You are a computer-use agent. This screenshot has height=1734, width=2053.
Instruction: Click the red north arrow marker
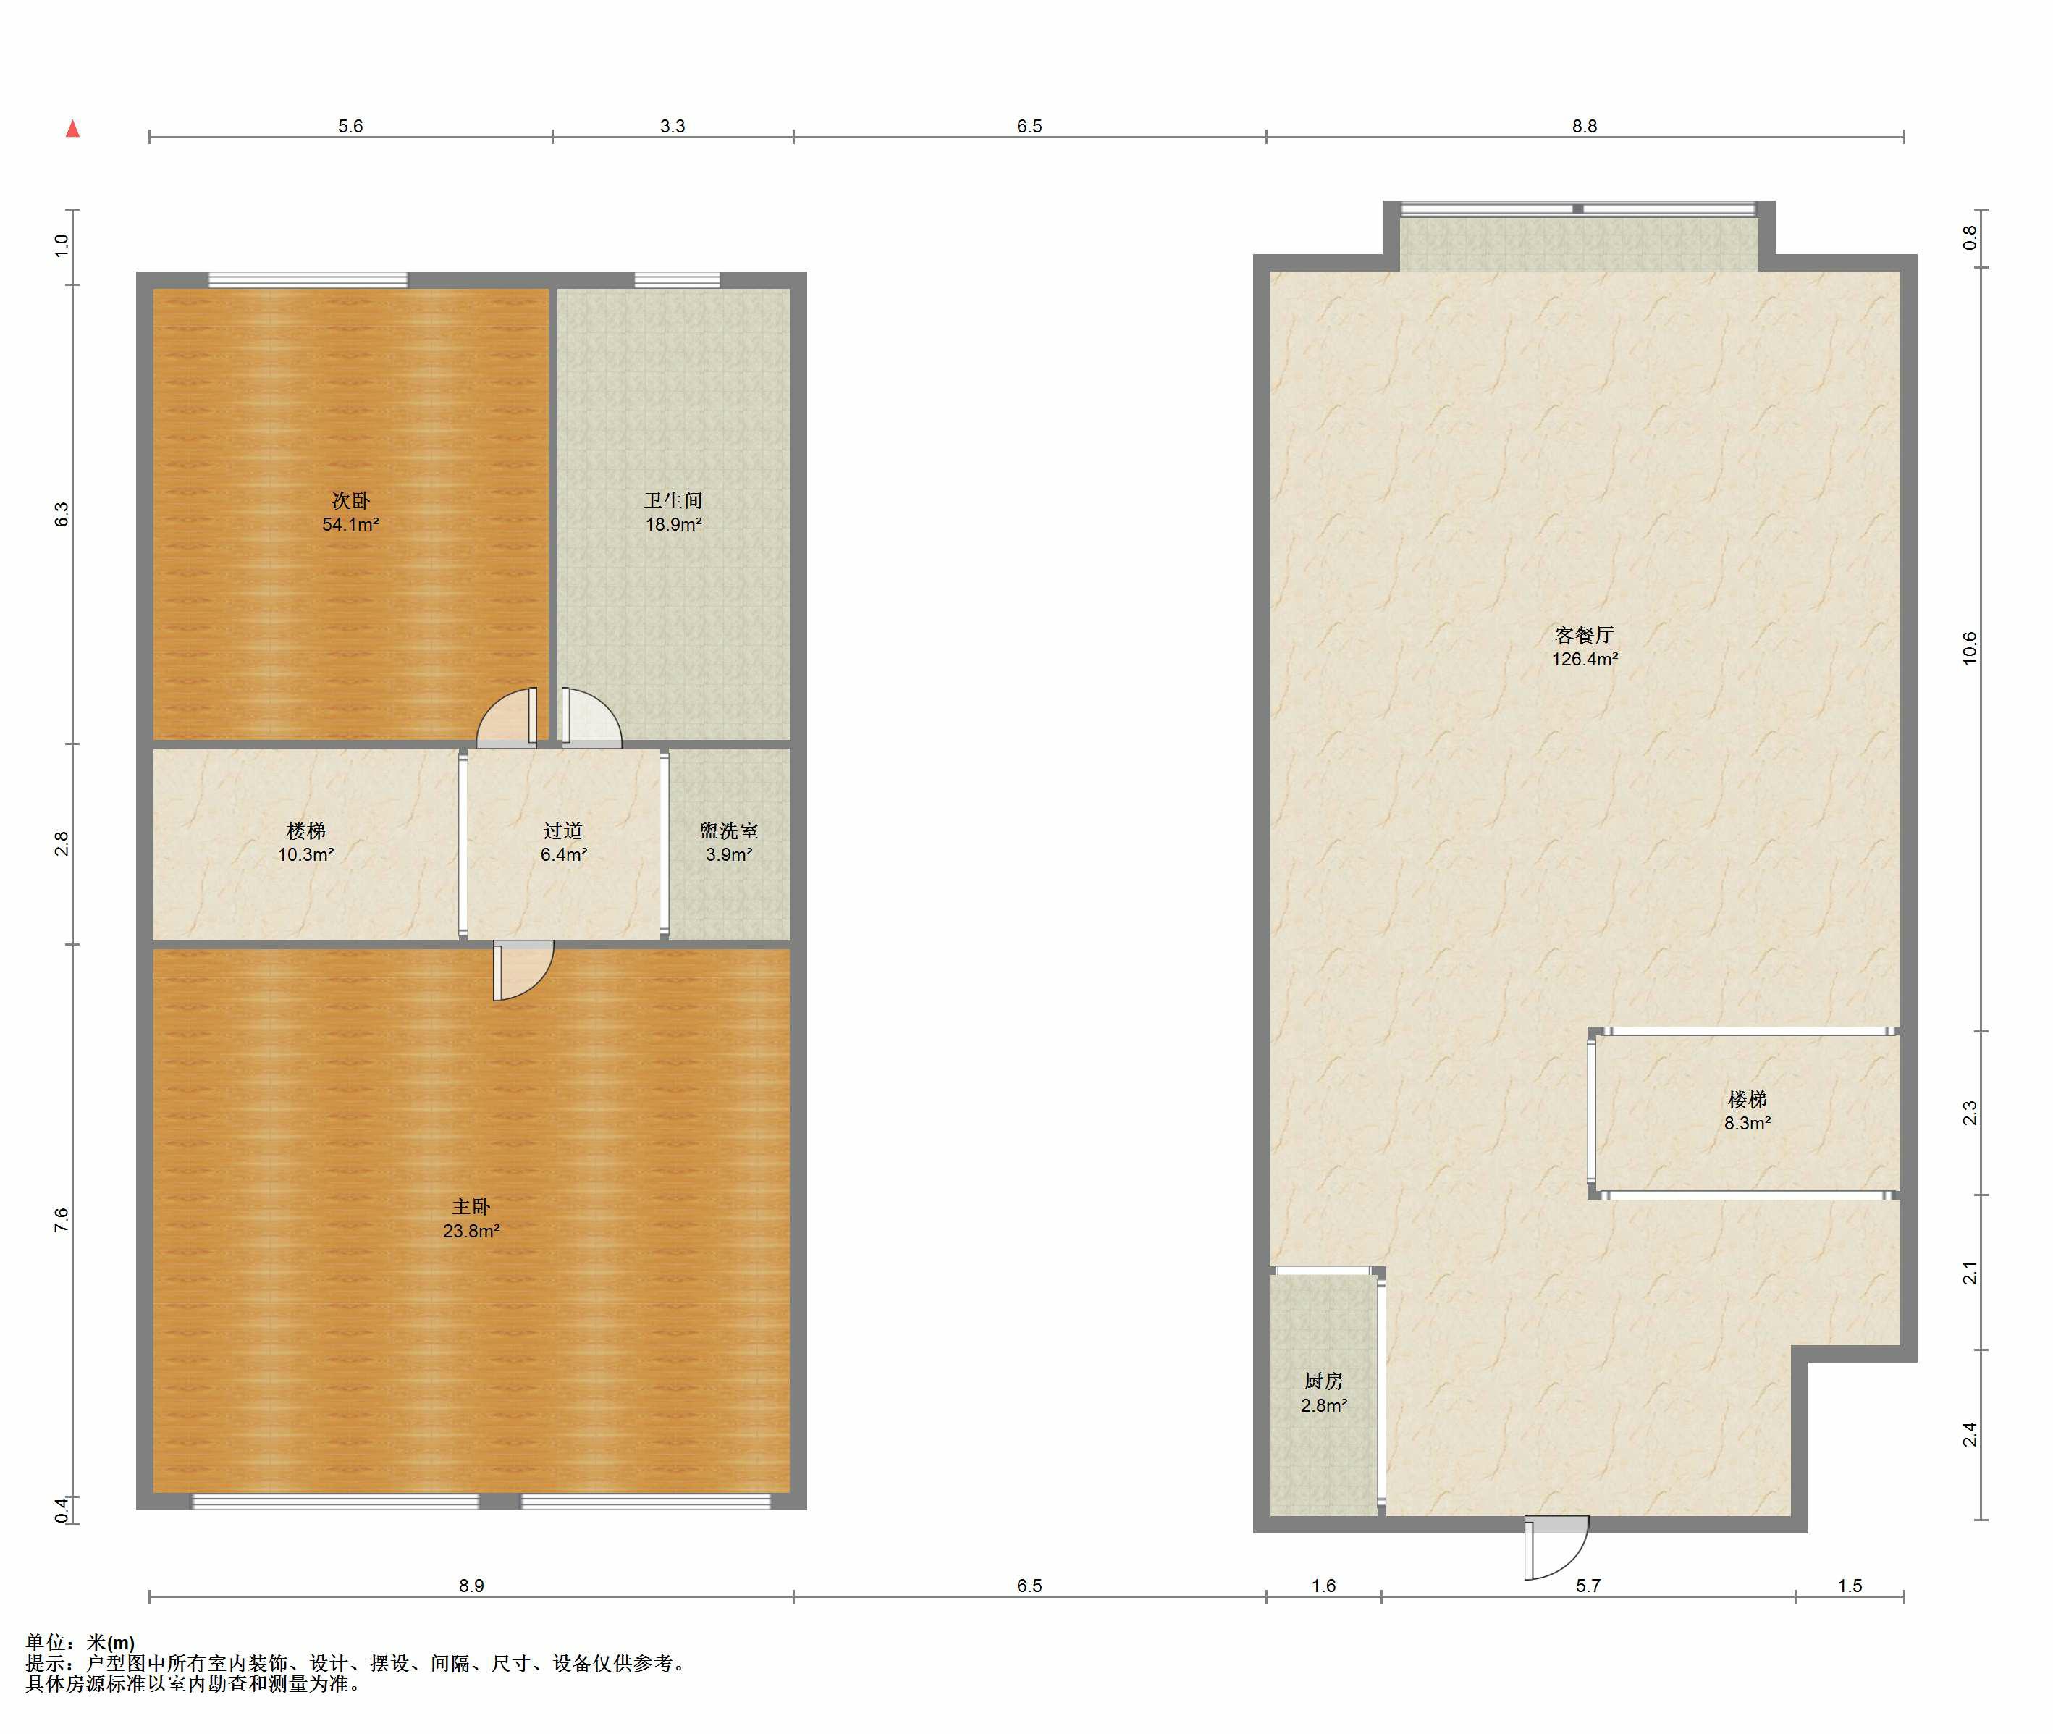[x=72, y=129]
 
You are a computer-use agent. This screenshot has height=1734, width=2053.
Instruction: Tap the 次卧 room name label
[x=351, y=500]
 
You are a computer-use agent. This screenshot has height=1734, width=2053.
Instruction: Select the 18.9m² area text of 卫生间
[x=673, y=525]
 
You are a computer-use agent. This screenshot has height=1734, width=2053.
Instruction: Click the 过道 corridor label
[x=563, y=830]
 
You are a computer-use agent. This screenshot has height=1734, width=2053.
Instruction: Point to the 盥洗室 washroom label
[x=728, y=830]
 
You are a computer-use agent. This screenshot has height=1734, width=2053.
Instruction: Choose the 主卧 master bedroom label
[x=471, y=1206]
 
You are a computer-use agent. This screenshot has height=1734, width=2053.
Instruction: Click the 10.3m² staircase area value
[x=305, y=855]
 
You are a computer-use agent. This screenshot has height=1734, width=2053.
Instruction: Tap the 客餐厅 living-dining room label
[x=1584, y=635]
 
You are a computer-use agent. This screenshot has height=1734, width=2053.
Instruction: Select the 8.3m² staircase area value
[x=1748, y=1124]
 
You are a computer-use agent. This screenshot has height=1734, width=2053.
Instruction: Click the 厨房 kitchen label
[x=1324, y=1381]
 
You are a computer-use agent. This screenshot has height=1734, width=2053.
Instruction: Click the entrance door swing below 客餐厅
[x=1556, y=1547]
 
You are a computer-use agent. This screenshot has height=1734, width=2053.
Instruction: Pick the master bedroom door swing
[x=523, y=971]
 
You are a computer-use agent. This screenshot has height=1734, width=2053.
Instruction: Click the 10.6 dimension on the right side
[x=1970, y=648]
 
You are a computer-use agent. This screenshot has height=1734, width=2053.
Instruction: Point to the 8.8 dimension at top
[x=1584, y=126]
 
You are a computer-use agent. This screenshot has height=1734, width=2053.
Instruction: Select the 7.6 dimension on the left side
[x=61, y=1220]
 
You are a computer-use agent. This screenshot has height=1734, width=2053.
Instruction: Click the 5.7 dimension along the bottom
[x=1588, y=1586]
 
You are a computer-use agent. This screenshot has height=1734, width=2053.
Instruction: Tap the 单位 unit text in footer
[x=46, y=1643]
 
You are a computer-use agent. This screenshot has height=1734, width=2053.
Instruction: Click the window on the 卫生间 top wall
[x=676, y=280]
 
